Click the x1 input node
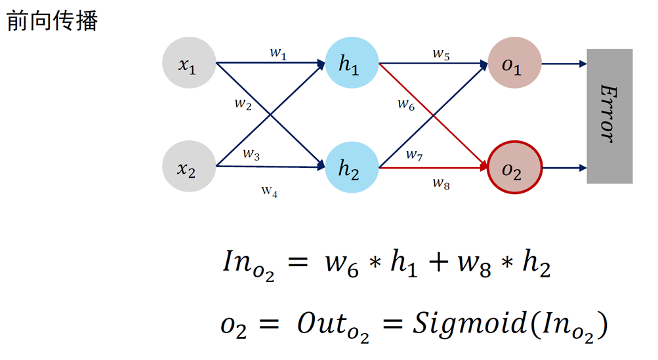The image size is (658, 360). pos(189,64)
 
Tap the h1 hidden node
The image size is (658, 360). pos(351,64)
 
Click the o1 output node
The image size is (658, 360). pos(514,64)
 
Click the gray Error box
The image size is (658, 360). pos(609,116)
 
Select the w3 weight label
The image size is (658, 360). pos(251,154)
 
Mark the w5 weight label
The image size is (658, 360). pos(441,54)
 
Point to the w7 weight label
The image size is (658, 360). pos(414,155)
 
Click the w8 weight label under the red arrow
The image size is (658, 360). pos(441,183)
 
